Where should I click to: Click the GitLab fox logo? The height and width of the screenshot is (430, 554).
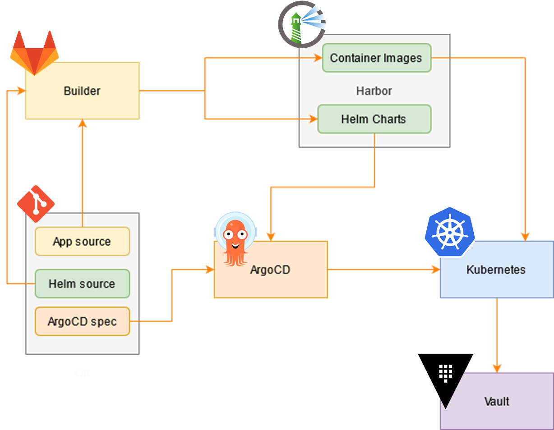click(34, 52)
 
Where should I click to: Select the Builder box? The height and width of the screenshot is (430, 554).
click(82, 91)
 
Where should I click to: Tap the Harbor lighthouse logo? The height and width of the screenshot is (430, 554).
click(301, 24)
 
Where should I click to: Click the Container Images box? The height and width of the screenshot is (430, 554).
click(376, 58)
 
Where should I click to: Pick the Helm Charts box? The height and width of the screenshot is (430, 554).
click(374, 119)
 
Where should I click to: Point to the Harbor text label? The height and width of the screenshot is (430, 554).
click(374, 91)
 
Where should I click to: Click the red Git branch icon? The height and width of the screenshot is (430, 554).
click(36, 203)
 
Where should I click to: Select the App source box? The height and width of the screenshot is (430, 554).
click(82, 242)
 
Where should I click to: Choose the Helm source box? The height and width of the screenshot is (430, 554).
click(82, 284)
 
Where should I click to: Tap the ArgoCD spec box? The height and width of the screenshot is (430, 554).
click(82, 322)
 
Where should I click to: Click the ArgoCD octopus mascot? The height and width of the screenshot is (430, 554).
click(235, 238)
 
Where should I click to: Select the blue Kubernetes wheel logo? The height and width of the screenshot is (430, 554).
click(449, 231)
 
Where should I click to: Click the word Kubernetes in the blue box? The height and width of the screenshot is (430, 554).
click(496, 270)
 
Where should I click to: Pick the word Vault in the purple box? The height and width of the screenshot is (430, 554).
click(496, 401)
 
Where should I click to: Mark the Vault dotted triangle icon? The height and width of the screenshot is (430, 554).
click(445, 373)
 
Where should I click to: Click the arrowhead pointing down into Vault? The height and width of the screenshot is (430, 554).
click(497, 368)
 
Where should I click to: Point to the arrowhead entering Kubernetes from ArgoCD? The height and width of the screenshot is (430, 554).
click(435, 270)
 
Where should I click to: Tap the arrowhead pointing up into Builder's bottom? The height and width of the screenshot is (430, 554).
click(82, 124)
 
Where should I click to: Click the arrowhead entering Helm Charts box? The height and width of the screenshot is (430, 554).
click(313, 119)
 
